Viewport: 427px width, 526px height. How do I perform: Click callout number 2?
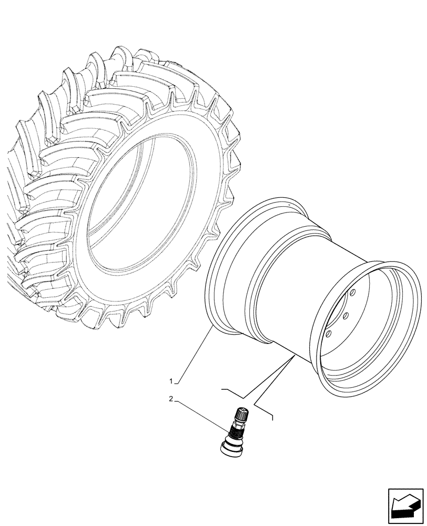(171, 399)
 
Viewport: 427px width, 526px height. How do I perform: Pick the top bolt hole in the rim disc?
(353, 292)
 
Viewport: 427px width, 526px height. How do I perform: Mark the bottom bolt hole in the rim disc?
(329, 333)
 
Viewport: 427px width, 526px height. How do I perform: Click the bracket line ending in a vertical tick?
(263, 410)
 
